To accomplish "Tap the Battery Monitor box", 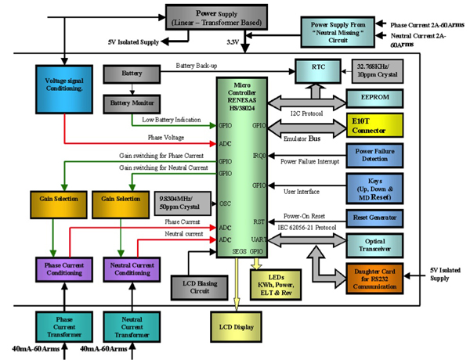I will point(132,103).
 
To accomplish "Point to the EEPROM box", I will point(376,98).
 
